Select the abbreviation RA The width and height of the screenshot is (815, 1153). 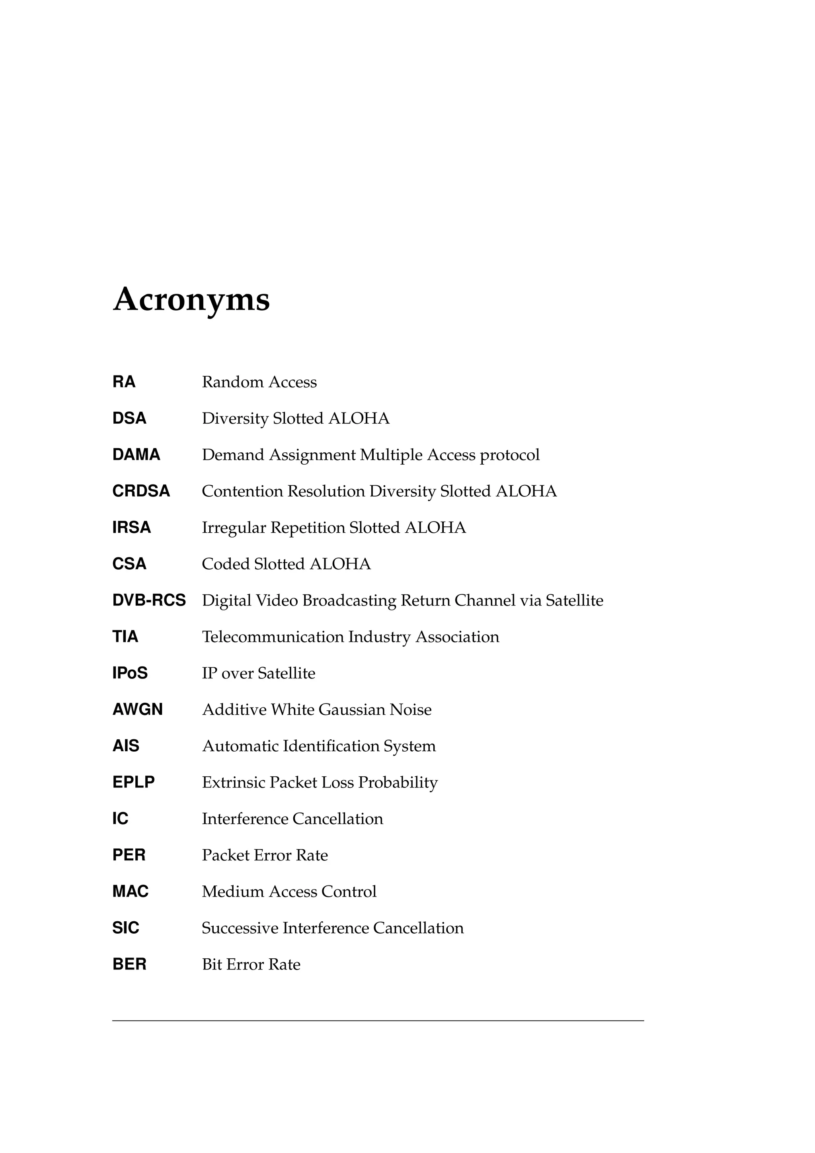point(124,382)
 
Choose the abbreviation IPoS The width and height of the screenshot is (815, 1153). point(130,673)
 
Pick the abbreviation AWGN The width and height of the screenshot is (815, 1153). point(138,709)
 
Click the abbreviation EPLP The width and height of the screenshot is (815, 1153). point(133,782)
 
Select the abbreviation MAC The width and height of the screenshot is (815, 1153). point(131,891)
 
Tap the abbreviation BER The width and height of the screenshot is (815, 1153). point(129,964)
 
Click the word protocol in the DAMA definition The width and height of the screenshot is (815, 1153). point(509,455)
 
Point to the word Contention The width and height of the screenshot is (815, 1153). point(242,491)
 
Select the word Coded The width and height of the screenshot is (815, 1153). point(225,564)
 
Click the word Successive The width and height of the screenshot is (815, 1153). point(240,928)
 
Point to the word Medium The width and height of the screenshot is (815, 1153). point(232,891)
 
